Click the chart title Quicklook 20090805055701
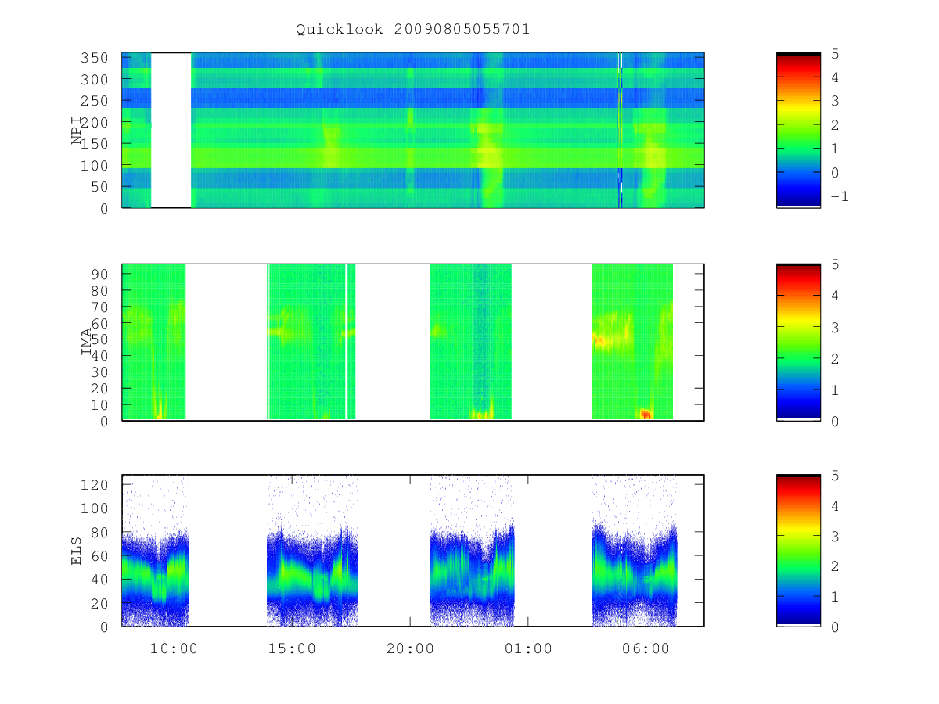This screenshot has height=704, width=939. [x=412, y=30]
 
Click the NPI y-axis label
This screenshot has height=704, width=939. [x=76, y=131]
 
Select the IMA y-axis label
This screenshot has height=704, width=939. [x=86, y=341]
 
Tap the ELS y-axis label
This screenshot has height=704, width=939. [x=76, y=551]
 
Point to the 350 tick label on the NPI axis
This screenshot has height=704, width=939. [x=95, y=58]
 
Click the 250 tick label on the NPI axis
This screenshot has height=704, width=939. [x=95, y=101]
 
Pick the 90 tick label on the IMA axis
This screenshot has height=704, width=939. [x=99, y=275]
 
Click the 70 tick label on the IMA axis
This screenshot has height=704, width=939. [x=99, y=307]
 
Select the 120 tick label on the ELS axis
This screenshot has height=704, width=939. [x=95, y=485]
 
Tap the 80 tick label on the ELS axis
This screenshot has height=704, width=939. [x=99, y=532]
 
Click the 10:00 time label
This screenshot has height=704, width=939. [x=174, y=648]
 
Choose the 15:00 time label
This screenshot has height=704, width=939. [x=292, y=648]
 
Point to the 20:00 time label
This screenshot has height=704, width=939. [x=410, y=648]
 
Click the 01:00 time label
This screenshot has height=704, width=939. [x=528, y=648]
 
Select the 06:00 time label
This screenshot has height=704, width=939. [x=646, y=648]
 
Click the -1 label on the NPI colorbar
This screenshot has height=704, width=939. [x=840, y=196]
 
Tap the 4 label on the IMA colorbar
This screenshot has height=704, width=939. [x=835, y=296]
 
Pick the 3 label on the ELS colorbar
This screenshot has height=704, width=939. [x=835, y=537]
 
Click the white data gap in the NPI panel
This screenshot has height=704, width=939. [x=171, y=131]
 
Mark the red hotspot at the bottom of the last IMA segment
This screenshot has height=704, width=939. [x=646, y=414]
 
